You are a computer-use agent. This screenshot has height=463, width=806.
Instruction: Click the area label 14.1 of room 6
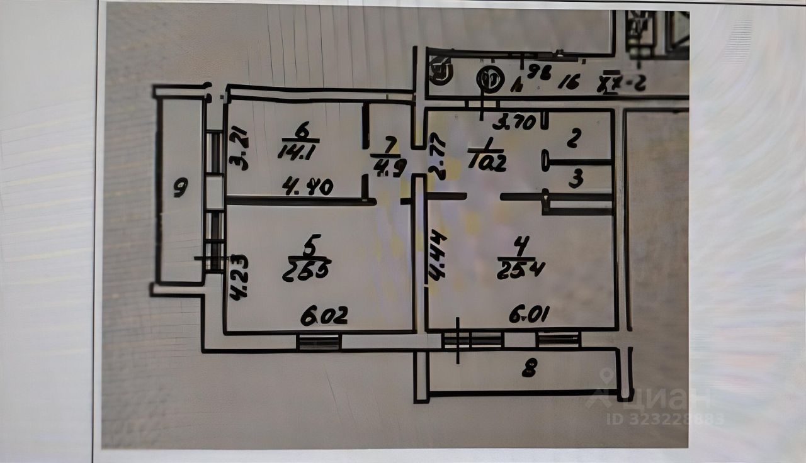[298, 151]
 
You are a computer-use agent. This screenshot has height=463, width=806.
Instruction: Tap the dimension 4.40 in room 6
[308, 187]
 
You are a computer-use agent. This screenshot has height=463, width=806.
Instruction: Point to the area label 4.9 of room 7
[390, 168]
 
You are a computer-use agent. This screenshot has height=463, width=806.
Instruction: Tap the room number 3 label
[576, 179]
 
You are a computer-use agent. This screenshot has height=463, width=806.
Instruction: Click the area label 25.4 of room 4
[520, 270]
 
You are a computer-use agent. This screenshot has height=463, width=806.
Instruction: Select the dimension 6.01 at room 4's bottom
[527, 316]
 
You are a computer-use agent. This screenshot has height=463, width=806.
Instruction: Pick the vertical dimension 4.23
[239, 276]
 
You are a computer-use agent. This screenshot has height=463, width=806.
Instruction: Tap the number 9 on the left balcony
[181, 187]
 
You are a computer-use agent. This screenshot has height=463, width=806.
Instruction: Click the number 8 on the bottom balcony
[529, 371]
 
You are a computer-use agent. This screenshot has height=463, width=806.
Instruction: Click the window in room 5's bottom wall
[319, 342]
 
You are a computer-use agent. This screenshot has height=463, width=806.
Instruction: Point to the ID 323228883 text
[665, 418]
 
